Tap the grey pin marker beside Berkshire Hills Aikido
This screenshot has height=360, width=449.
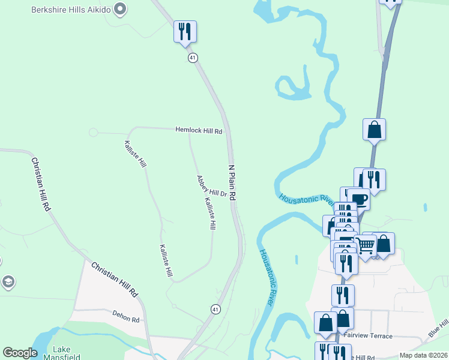pyautogui.click(x=120, y=8)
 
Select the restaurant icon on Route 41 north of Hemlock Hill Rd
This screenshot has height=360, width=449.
pyautogui.click(x=185, y=31)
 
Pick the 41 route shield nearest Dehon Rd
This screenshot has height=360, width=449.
pyautogui.click(x=215, y=309)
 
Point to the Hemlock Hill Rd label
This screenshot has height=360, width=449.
pyautogui.click(x=199, y=130)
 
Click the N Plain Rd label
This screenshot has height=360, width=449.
pyautogui.click(x=232, y=182)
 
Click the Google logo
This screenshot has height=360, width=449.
pyautogui.click(x=20, y=353)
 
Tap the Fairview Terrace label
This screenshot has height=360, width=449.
pyautogui.click(x=369, y=336)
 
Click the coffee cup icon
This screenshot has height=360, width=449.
pyautogui.click(x=360, y=199)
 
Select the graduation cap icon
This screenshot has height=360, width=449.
pyautogui.click(x=8, y=281)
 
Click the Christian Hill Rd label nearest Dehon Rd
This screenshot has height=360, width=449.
pyautogui.click(x=115, y=279)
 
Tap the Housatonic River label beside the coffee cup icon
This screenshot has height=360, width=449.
pyautogui.click(x=306, y=197)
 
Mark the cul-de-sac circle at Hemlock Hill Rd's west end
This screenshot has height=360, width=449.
pyautogui.click(x=93, y=133)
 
